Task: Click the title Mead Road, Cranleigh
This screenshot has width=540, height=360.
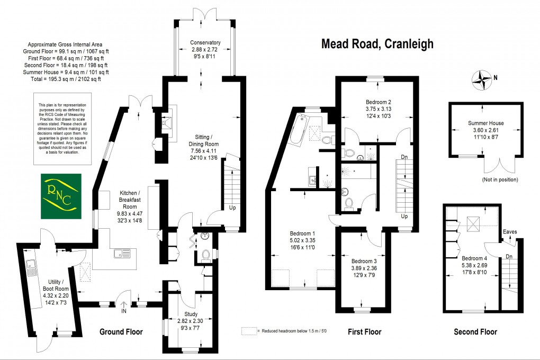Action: [x=377, y=44]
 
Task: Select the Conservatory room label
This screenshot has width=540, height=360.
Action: [x=205, y=43]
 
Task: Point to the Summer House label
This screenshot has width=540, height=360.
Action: [x=485, y=123]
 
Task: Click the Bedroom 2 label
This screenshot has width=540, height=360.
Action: [x=378, y=102]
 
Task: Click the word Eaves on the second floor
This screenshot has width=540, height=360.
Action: [x=510, y=232]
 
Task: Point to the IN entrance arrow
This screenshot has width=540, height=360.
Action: [x=124, y=305]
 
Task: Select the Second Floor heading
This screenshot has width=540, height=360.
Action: [x=475, y=332]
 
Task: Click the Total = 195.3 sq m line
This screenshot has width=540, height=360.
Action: [x=66, y=79]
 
